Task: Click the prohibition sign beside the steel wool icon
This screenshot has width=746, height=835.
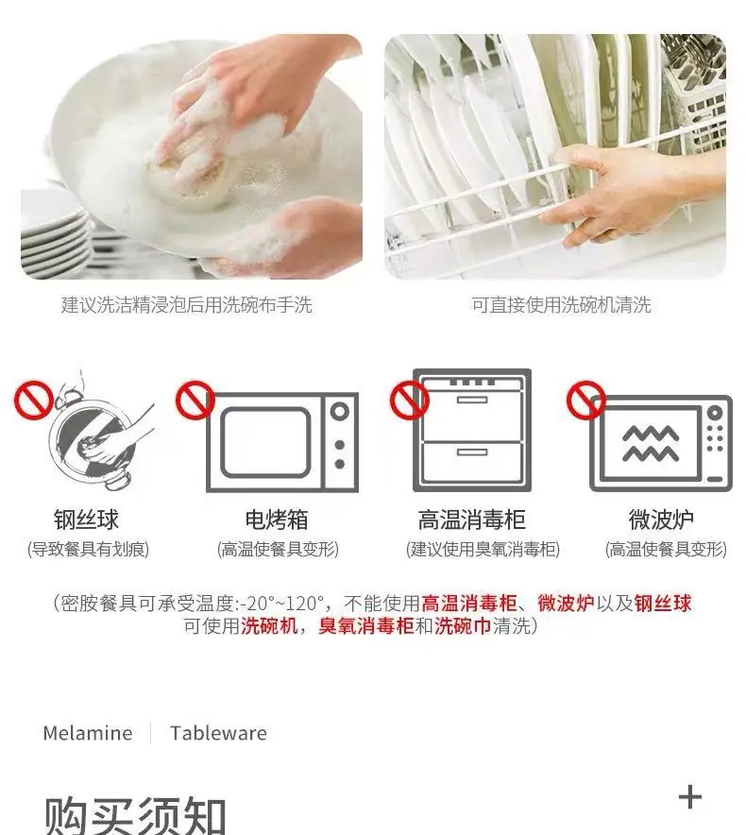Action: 34,400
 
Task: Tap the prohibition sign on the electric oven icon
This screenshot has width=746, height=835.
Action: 195,400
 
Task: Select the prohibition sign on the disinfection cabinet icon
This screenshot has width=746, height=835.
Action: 410,400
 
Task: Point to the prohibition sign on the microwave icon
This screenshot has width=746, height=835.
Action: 585,400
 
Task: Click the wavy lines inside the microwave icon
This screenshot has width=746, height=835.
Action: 651,444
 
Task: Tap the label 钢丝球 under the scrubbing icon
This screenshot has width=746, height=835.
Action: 86,520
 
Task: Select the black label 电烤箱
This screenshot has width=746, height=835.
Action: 277,520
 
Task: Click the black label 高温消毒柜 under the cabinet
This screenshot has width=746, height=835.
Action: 472,520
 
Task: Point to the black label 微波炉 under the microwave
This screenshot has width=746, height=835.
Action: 661,520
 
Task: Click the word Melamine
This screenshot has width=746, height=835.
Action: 87,733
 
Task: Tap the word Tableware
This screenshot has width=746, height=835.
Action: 218,733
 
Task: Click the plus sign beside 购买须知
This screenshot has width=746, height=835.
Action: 690,797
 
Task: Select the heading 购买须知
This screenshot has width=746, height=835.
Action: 135,816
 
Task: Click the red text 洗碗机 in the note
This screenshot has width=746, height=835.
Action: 269,625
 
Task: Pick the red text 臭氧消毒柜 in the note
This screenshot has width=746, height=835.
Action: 365,625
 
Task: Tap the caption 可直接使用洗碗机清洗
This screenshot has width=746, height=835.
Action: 561,304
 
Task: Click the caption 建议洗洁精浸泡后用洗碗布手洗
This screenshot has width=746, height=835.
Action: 186,304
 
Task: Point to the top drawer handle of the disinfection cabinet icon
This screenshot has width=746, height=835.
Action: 472,400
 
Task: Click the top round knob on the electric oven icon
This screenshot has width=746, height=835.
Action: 340,412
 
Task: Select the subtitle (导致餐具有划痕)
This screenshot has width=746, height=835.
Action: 88,549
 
